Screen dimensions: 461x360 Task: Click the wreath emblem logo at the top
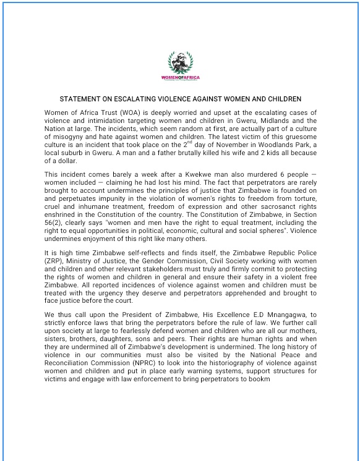[x=179, y=62]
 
